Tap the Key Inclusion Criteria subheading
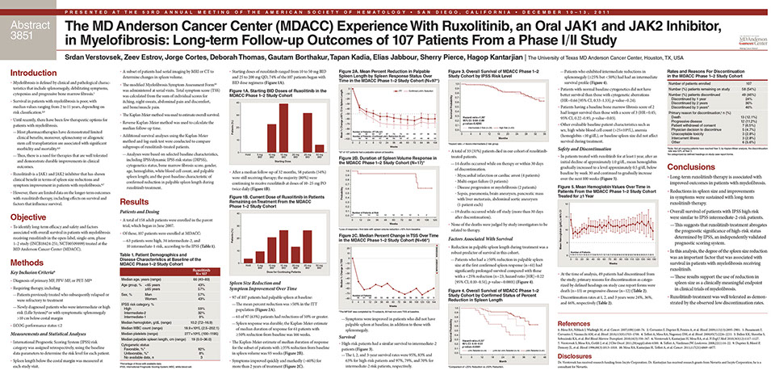point(50,275)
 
